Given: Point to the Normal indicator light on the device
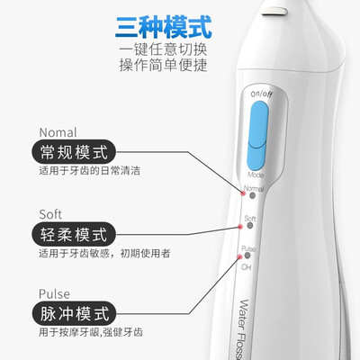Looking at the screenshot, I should tap(241, 191).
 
